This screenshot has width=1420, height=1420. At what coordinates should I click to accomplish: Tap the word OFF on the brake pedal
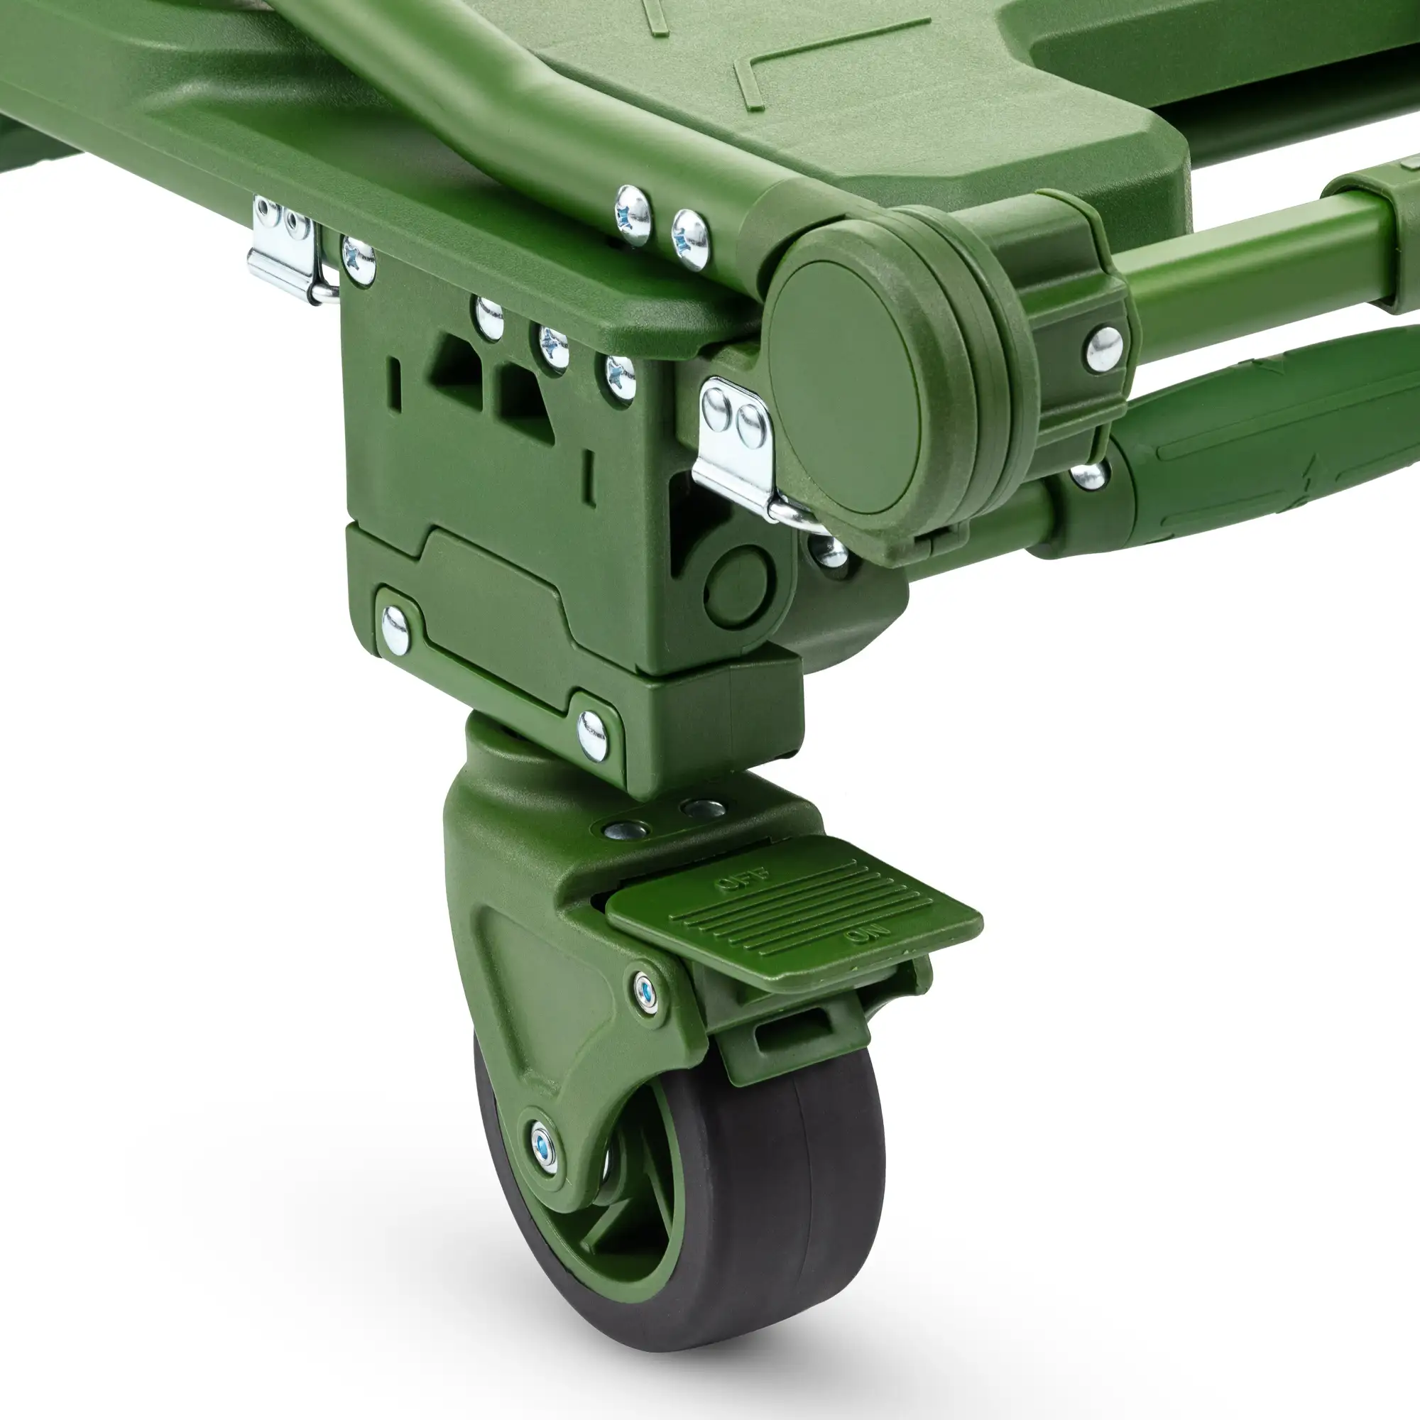(743, 880)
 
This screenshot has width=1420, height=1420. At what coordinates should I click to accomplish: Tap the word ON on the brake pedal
(868, 935)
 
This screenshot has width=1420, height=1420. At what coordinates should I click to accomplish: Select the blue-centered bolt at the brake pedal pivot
(646, 993)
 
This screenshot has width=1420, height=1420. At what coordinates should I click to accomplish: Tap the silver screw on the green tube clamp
(1104, 349)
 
